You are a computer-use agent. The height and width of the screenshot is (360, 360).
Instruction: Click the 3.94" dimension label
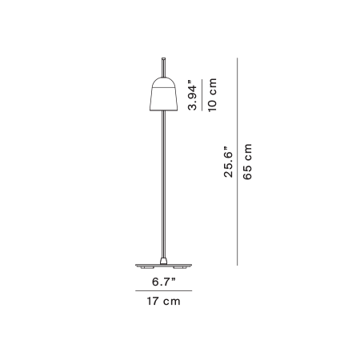(193, 95)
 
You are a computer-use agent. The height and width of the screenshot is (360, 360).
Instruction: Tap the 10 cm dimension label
(212, 95)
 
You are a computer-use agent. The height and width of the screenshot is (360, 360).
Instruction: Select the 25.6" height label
(228, 162)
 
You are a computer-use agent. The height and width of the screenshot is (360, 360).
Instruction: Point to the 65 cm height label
(247, 162)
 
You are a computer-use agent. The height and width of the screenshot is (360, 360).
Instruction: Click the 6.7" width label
(164, 282)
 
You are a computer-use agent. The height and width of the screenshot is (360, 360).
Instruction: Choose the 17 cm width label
(163, 301)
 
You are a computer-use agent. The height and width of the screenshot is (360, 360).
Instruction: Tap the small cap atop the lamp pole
(163, 58)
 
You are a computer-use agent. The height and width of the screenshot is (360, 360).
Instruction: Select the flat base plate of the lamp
(163, 265)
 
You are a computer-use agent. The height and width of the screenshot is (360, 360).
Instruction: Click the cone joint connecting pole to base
(163, 261)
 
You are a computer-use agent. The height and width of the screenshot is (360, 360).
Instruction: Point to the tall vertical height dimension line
(237, 162)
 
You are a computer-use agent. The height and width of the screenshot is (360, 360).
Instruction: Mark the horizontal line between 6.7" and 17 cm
(163, 290)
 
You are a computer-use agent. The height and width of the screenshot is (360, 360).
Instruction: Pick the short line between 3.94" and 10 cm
(202, 95)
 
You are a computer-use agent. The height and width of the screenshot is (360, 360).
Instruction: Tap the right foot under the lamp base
(179, 267)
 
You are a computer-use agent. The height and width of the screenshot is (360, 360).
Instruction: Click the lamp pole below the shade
(164, 184)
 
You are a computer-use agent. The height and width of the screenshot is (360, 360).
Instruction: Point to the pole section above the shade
(163, 69)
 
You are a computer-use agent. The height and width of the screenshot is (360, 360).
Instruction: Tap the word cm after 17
(172, 302)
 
